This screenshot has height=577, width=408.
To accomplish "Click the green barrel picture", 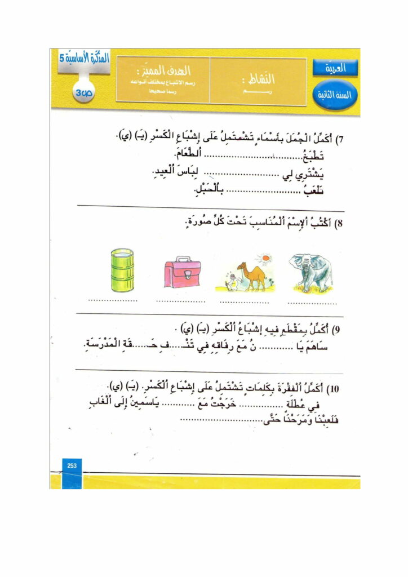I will [122, 270].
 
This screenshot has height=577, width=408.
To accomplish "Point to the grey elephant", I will [312, 272].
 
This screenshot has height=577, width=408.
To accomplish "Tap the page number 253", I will [72, 465].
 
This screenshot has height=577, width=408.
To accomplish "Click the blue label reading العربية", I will [336, 69].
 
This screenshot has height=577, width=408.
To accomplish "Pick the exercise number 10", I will [337, 389].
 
